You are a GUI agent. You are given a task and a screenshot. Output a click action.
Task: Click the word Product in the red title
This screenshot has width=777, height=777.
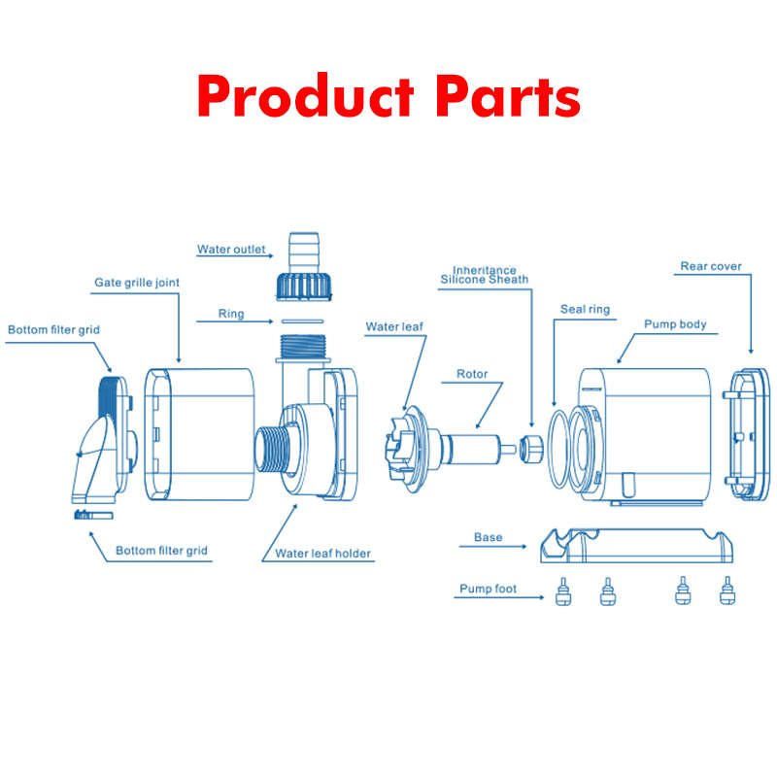coord(305,95)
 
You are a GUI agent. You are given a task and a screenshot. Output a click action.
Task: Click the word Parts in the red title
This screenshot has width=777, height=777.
coord(507,96)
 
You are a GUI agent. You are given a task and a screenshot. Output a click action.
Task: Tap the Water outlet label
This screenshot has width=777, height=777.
coord(231,250)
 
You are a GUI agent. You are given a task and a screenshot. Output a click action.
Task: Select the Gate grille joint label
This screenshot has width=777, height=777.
coord(137,283)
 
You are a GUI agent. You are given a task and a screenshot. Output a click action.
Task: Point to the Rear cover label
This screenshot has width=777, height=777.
coord(711,266)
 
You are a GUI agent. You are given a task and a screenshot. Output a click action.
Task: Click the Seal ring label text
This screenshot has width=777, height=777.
coord(585,309)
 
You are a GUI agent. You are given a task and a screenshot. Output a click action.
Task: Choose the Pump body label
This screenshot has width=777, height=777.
coord(675,324)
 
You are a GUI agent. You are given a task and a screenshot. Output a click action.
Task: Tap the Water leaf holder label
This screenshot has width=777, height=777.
coord(322,553)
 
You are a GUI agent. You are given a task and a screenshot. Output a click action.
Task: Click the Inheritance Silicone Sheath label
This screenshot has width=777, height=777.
coord(484,275)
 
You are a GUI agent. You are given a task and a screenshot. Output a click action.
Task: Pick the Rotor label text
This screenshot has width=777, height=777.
coord(472,374)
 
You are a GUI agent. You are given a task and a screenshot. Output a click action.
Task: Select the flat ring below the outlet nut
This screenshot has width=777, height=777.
coord(302,321)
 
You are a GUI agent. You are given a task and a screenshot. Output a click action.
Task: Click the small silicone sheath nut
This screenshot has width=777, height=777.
coord(530,448)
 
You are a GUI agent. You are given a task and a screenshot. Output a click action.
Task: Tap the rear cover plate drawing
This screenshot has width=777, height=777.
coord(750,433)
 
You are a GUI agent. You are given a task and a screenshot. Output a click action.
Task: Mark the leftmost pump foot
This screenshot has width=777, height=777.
coord(563,591)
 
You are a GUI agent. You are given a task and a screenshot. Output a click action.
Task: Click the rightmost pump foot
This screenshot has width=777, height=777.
coord(727,591)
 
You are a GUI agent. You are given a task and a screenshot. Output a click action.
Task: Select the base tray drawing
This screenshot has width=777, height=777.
coord(636,546)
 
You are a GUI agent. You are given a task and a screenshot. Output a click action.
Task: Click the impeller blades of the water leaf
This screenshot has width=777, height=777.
coord(398,449)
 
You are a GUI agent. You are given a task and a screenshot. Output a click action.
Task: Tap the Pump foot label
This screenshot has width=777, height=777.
coord(488,589)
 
